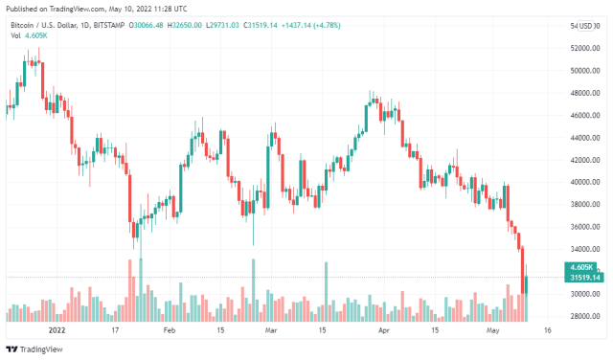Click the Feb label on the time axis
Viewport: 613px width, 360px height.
click(x=170, y=329)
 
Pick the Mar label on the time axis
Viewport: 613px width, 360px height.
click(x=271, y=329)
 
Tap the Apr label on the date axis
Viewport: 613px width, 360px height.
click(x=383, y=329)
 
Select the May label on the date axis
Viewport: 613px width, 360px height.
click(x=493, y=329)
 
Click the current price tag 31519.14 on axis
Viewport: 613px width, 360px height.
click(x=585, y=278)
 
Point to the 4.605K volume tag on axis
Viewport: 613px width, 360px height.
click(x=581, y=267)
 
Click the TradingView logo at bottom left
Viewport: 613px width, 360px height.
click(x=38, y=350)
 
